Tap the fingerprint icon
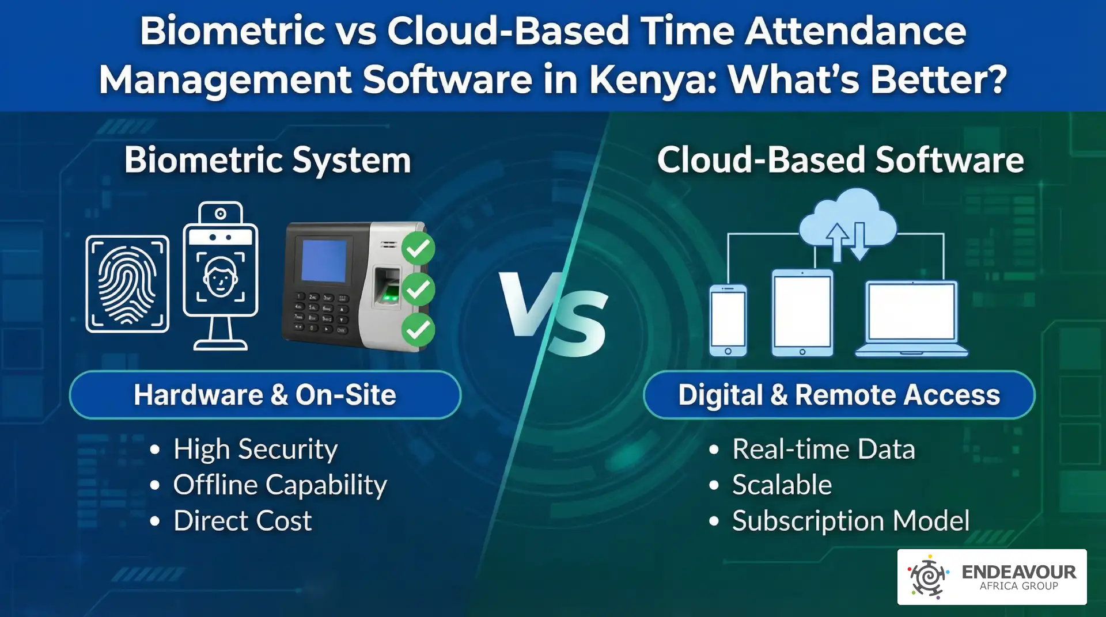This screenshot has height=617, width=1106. point(127,284)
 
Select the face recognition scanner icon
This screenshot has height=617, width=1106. point(221,276)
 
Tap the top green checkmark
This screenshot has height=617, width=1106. point(418,248)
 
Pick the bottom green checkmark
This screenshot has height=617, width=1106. point(418,330)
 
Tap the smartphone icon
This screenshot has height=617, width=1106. point(728,320)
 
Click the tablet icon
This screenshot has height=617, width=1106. point(802,313)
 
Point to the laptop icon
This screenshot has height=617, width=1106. point(912,319)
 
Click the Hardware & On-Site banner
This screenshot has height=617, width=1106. point(265,395)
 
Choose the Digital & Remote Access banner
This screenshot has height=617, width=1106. point(839,395)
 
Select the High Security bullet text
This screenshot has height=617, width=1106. point(255,449)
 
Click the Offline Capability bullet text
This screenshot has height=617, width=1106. point(280,485)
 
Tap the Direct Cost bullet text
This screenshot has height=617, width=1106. point(243,520)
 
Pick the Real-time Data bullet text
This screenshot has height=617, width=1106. point(824,449)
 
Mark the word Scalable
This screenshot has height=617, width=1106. point(782,485)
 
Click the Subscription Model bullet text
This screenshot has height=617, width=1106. point(851,521)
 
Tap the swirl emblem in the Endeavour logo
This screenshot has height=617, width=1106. point(928,577)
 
